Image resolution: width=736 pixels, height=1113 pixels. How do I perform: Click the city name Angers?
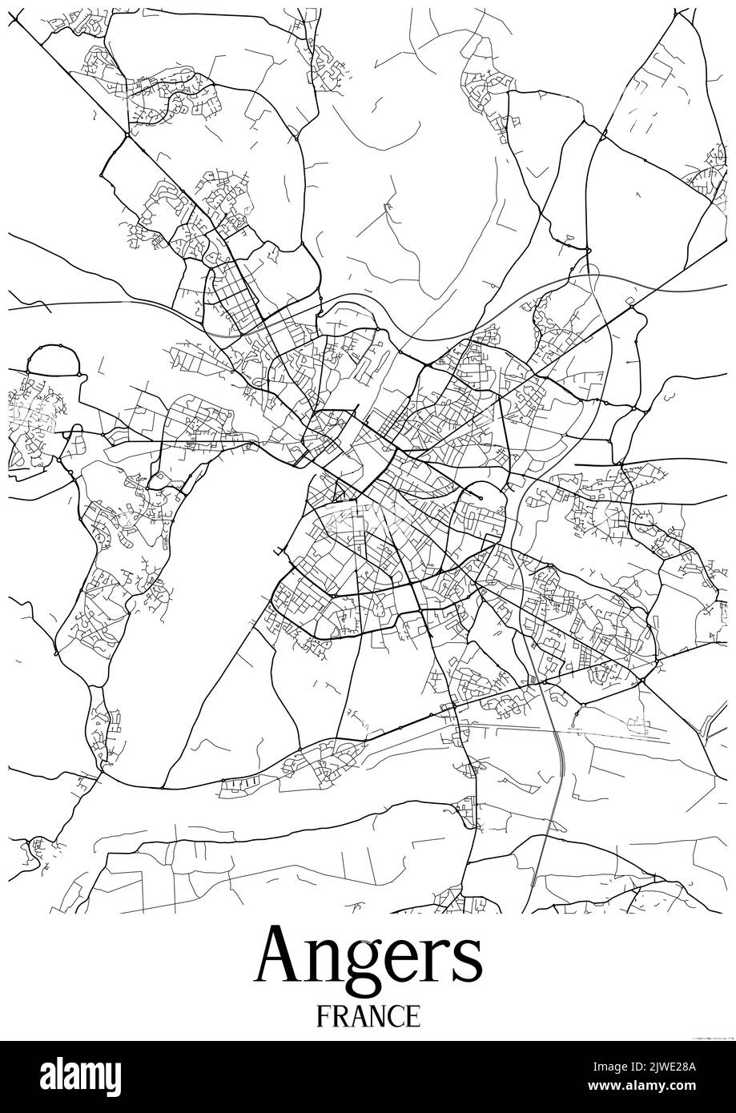point(368,958)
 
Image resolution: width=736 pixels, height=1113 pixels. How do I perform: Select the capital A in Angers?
point(280,956)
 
